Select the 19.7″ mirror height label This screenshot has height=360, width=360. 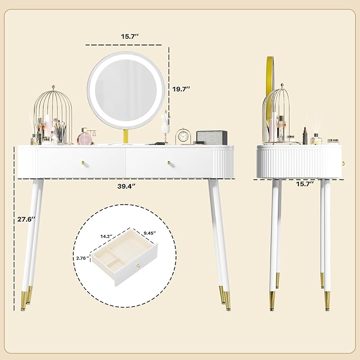click(181, 90)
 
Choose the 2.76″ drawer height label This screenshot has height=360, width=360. click(83, 258)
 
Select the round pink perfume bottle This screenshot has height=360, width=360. click(86, 138)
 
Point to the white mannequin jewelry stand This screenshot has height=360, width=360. click(165, 125)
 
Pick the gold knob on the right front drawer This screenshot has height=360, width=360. click(171, 162)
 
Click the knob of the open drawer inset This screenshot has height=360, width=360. click(138, 265)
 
